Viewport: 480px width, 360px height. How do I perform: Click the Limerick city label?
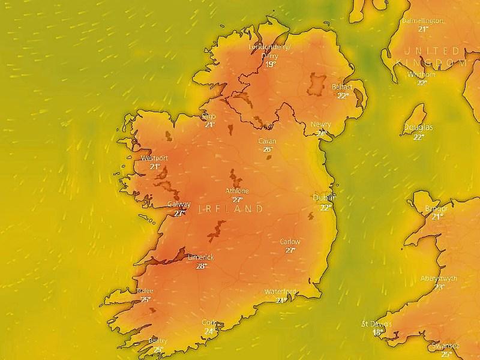pyautogui.click(x=200, y=257)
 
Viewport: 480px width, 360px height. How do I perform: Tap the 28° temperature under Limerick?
pyautogui.click(x=201, y=266)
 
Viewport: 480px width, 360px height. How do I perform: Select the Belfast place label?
pyautogui.click(x=342, y=87)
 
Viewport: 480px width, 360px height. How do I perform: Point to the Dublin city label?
pyautogui.click(x=324, y=197)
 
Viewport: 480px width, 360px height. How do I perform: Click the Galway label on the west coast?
pyautogui.click(x=179, y=204)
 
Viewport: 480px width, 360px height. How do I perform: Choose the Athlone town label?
pyautogui.click(x=237, y=191)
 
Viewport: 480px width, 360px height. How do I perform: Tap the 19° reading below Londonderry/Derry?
pyautogui.click(x=271, y=64)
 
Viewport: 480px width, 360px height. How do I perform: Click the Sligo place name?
pyautogui.click(x=209, y=116)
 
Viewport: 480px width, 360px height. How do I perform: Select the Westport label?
pyautogui.click(x=154, y=158)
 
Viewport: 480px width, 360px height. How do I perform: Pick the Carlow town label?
pyautogui.click(x=290, y=242)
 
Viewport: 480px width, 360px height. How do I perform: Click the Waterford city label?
pyautogui.click(x=280, y=292)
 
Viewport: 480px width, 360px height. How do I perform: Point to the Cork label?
pyautogui.click(x=209, y=322)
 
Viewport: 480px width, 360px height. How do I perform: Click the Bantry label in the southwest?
pyautogui.click(x=158, y=341)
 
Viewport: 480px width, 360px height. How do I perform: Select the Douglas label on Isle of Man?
pyautogui.click(x=418, y=128)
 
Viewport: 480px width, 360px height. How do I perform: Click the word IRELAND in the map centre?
pyautogui.click(x=230, y=209)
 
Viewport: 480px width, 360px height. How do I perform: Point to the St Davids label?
pyautogui.click(x=376, y=324)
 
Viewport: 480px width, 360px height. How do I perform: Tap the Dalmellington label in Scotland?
pyautogui.click(x=423, y=20)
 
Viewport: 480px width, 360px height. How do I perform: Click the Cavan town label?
pyautogui.click(x=266, y=141)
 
